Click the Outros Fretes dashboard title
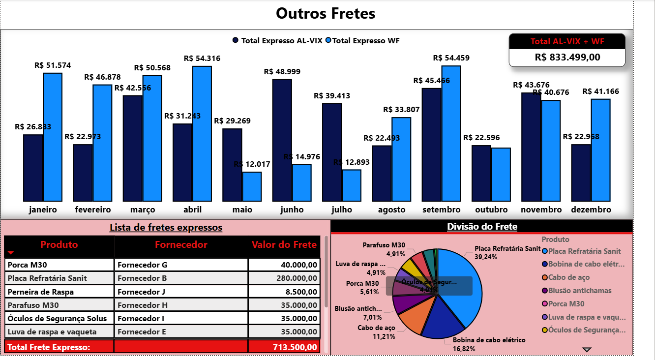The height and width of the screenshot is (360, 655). coord(326,13)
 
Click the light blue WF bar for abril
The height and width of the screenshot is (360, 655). coord(202,133)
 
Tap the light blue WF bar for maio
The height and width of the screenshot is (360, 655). coord(252,186)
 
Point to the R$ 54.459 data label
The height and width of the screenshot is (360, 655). coord(451,58)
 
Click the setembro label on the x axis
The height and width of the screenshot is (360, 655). coord(441,210)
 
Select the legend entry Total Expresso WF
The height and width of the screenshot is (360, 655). coord(365,41)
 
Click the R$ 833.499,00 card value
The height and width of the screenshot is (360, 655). coord(567,57)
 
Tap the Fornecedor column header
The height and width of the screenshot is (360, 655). coord(181,245)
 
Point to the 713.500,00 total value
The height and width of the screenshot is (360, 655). coord(295,347)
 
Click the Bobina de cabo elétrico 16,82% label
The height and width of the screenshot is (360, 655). coord(488,344)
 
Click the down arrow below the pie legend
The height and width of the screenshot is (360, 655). coord(587,349)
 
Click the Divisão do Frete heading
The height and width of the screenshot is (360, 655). coord(481,227)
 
